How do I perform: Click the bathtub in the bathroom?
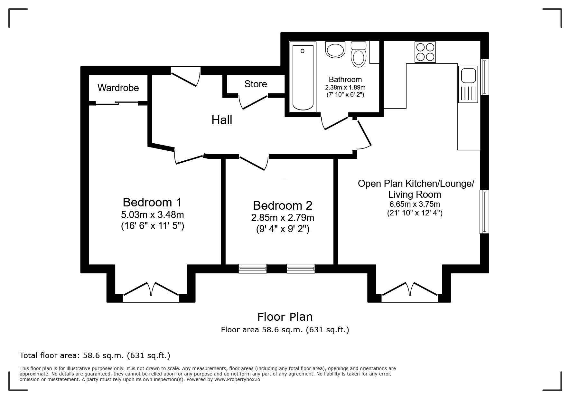point(303,77)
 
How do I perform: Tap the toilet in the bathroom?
point(359,54)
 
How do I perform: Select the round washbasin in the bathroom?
point(335,50)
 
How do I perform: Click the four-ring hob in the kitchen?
point(425,52)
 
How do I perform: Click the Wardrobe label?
point(118,88)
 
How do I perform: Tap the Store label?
point(256,84)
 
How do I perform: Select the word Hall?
point(222,120)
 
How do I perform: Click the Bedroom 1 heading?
point(152,202)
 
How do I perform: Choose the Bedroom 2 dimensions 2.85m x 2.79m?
point(283,218)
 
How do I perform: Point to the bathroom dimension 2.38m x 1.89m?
point(345,87)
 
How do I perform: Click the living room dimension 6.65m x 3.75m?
point(415,204)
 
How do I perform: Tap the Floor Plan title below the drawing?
point(285,317)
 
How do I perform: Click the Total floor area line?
point(95,356)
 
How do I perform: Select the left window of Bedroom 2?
point(253,269)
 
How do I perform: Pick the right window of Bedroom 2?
point(301,269)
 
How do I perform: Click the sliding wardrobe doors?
point(117,103)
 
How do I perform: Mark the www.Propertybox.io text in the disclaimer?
point(237,379)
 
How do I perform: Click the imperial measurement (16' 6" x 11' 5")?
point(153,226)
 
